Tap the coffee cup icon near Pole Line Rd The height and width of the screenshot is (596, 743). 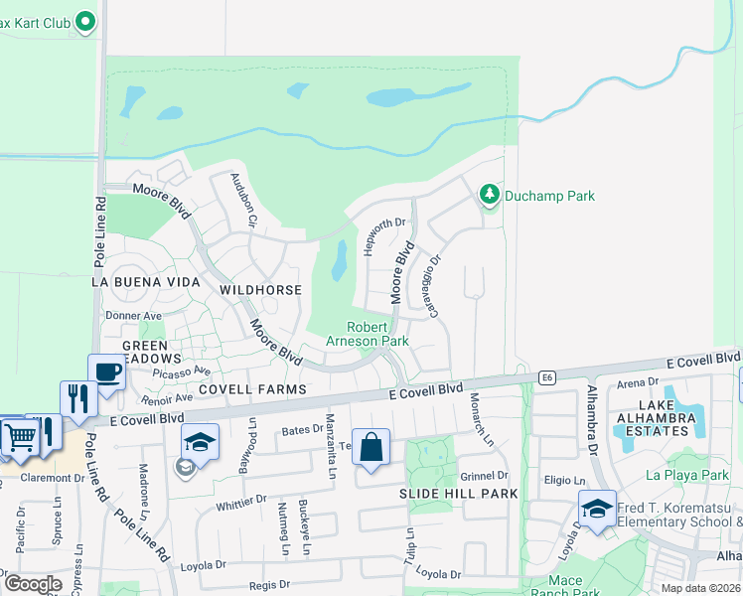106,372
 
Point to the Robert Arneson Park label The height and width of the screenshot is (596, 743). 376,334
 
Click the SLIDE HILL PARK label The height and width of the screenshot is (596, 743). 445,494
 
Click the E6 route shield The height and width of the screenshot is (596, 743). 546,377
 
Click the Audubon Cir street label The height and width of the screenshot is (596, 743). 244,199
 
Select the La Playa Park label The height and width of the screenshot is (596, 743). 687,475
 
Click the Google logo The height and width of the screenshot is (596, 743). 33,584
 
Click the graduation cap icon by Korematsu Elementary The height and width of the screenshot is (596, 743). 597,509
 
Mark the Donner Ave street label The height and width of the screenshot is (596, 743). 140,316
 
